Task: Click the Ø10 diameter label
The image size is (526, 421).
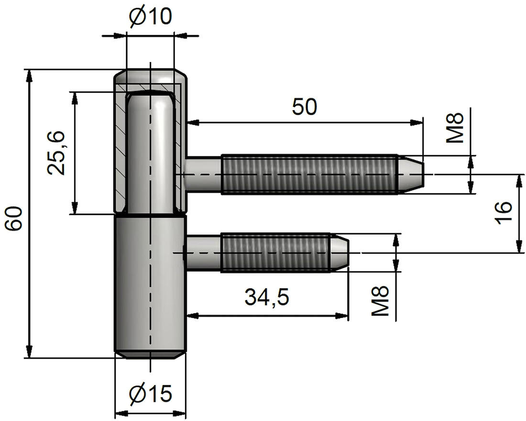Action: coord(150,17)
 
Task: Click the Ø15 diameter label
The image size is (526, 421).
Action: coord(150,394)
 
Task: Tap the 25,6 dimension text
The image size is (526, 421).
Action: coord(56,153)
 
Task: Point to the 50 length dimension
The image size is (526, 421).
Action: coord(305,107)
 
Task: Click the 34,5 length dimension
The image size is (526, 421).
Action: coord(267,297)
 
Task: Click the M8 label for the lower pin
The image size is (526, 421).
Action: coord(381,301)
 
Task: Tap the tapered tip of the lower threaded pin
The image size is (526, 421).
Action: coord(340,252)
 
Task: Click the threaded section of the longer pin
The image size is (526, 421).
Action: coord(308,174)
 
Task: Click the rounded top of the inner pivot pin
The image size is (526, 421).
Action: coord(150,98)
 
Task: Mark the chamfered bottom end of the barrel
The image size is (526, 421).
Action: coord(150,354)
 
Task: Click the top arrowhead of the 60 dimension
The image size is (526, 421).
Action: coord(29,75)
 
